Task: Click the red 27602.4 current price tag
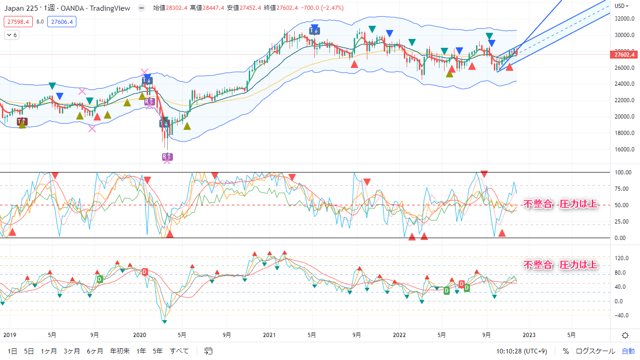click(x=624, y=55)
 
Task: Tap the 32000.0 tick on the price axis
click(x=624, y=19)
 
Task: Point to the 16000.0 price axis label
click(x=624, y=150)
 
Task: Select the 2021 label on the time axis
click(x=269, y=335)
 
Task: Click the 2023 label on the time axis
click(x=529, y=335)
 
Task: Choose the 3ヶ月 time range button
click(x=71, y=351)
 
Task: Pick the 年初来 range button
click(x=119, y=351)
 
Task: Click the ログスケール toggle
click(x=595, y=351)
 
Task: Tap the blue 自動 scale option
click(x=628, y=351)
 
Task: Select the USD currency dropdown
click(x=622, y=6)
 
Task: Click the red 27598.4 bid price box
click(x=18, y=22)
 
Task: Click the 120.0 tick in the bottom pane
click(x=622, y=258)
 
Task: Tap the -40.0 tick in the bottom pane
click(x=622, y=315)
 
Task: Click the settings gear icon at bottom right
click(x=625, y=335)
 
